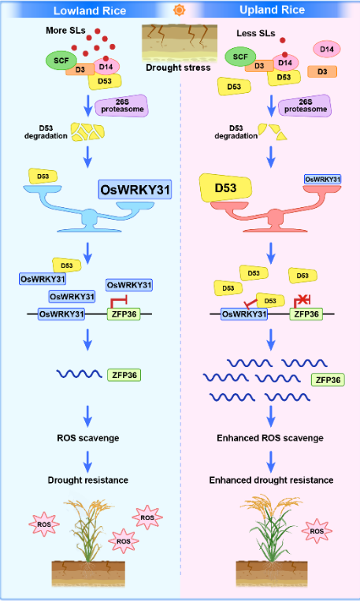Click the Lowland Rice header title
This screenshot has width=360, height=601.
click(x=90, y=10)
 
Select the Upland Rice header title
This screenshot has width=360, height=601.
click(x=273, y=10)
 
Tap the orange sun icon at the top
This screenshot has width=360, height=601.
click(x=180, y=10)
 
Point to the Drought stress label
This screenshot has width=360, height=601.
click(x=178, y=68)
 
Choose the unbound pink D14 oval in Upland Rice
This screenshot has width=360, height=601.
click(x=327, y=50)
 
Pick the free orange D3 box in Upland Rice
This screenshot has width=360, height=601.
click(x=322, y=72)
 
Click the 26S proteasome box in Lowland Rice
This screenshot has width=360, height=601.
click(x=121, y=106)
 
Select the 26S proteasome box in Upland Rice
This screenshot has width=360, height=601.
click(x=305, y=106)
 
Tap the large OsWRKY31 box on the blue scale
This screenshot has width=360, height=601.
click(x=135, y=189)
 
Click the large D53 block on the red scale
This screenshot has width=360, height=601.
click(x=225, y=188)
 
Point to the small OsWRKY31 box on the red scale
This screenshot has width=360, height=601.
click(x=322, y=179)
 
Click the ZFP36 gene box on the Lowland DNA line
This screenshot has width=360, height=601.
click(x=124, y=314)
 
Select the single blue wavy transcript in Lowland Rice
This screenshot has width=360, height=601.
click(x=79, y=373)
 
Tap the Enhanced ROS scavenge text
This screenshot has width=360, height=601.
click(x=270, y=438)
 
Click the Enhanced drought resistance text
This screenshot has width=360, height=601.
click(x=272, y=480)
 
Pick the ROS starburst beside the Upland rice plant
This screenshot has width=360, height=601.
click(x=317, y=531)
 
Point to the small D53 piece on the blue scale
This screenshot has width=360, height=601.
click(x=43, y=176)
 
